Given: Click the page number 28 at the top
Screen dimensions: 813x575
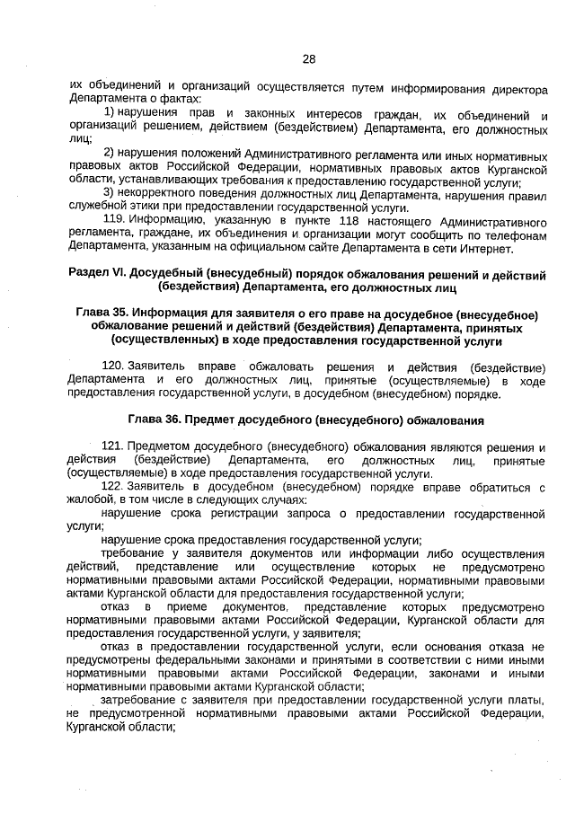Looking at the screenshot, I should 308,59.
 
